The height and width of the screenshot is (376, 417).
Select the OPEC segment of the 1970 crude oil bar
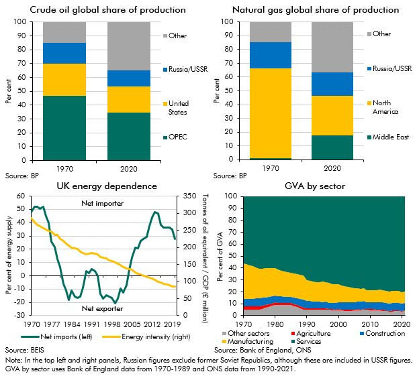pyautogui.click(x=64, y=128)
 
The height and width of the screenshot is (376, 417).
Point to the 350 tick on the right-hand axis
pyautogui.click(x=190, y=196)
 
